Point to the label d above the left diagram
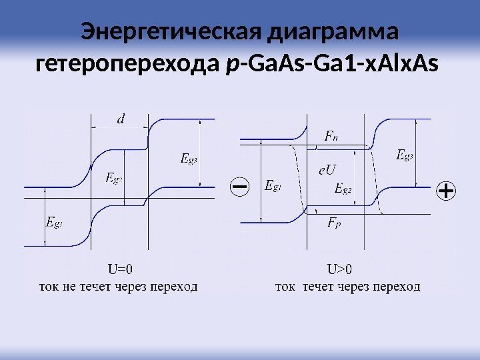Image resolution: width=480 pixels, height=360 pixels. pos(121,120)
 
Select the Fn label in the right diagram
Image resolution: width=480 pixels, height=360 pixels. pos(331,137)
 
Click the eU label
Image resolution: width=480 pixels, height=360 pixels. pos(327,171)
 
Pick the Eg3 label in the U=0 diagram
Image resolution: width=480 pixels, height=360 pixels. pos(190,159)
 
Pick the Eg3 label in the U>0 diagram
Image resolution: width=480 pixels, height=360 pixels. pos(405,155)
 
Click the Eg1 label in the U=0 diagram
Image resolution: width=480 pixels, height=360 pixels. pos(55,222)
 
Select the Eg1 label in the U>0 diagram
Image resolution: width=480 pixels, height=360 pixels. pos(273,186)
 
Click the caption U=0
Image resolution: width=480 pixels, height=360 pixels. pos(121,270)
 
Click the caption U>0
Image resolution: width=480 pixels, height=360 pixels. pos(340,270)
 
